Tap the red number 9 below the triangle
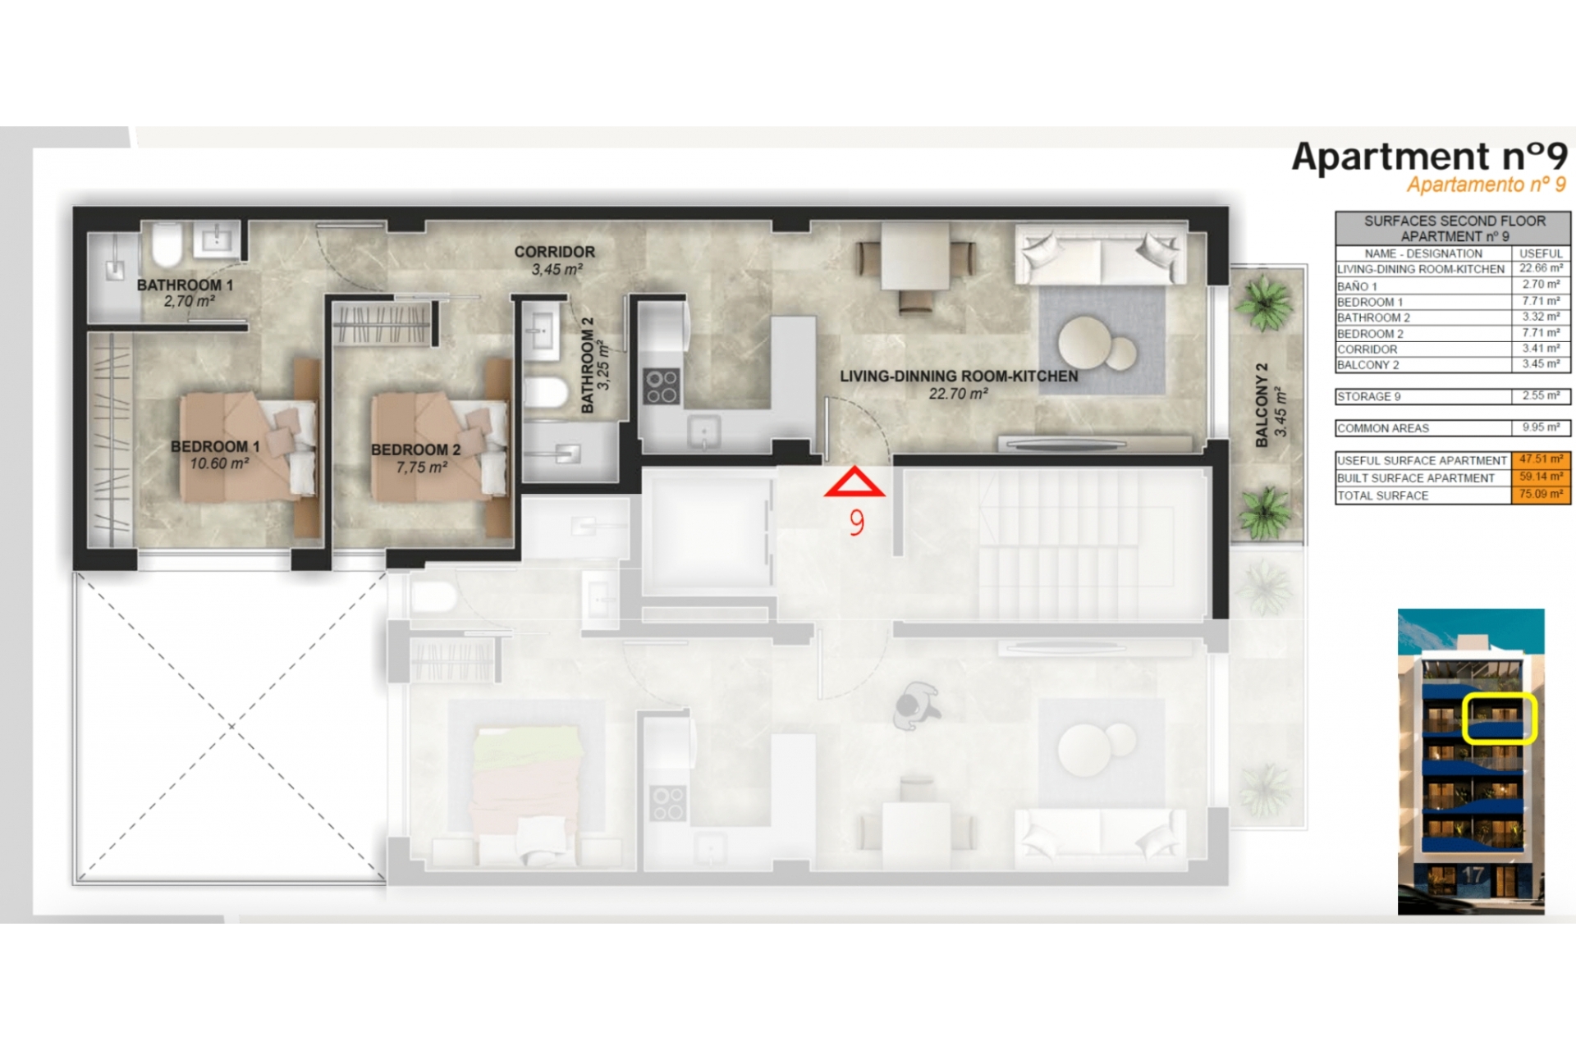pyautogui.click(x=857, y=523)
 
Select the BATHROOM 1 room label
pyautogui.click(x=185, y=285)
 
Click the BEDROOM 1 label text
pyautogui.click(x=215, y=447)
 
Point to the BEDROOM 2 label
pyautogui.click(x=415, y=450)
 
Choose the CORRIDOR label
pyautogui.click(x=555, y=252)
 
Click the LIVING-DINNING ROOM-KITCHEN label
pyautogui.click(x=959, y=377)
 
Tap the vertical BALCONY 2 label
pyautogui.click(x=1262, y=405)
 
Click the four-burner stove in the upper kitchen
pyautogui.click(x=662, y=387)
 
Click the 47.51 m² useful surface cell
pyautogui.click(x=1541, y=460)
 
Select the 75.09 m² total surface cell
pyautogui.click(x=1541, y=495)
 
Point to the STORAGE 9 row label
pyautogui.click(x=1369, y=397)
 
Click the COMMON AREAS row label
pyautogui.click(x=1383, y=428)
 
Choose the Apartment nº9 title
pyautogui.click(x=1429, y=157)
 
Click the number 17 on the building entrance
pyautogui.click(x=1473, y=875)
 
